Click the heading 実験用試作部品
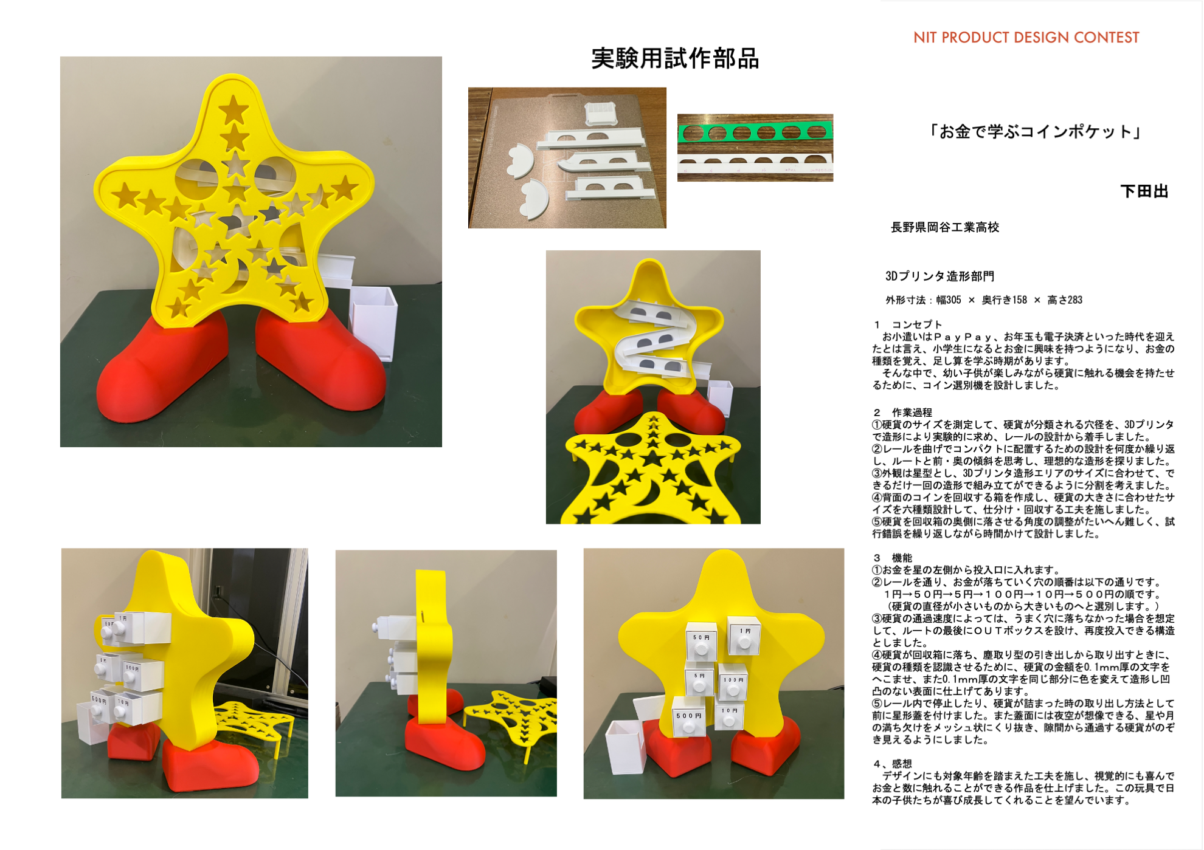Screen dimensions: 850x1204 pyautogui.click(x=675, y=59)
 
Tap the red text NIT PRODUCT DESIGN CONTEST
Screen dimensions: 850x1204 pyautogui.click(x=1026, y=38)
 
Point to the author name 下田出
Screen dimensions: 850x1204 pyautogui.click(x=1144, y=192)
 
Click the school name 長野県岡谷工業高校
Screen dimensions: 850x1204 pyautogui.click(x=944, y=227)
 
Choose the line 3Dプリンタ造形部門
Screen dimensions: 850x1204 pyautogui.click(x=939, y=276)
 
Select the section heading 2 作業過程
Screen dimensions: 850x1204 pyautogui.click(x=902, y=413)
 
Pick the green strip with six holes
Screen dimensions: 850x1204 pyautogui.click(x=755, y=132)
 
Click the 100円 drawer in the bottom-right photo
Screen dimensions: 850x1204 pyautogui.click(x=733, y=683)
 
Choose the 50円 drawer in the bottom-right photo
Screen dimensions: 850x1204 pyautogui.click(x=701, y=642)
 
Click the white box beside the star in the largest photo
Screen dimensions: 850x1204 pyautogui.click(x=373, y=322)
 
